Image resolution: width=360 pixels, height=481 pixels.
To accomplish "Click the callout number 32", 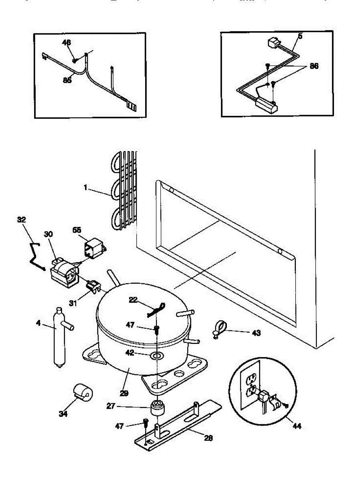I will click(22, 220).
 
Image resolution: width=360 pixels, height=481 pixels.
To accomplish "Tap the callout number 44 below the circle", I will click(296, 426).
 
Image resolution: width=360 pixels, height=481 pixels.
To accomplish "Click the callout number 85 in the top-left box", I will click(67, 80).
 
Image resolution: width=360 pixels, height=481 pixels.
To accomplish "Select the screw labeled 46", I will click(75, 61).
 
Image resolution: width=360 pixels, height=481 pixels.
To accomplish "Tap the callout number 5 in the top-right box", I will click(300, 36).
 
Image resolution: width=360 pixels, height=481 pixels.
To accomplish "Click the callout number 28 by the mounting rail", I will click(208, 438).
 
